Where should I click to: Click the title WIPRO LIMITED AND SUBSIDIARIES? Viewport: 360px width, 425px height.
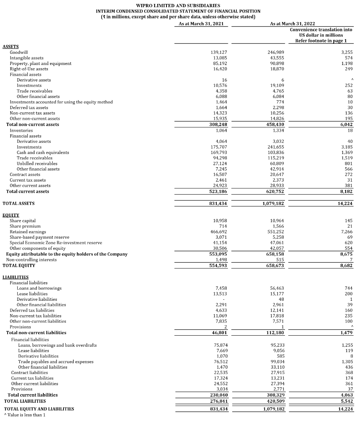click(178, 5)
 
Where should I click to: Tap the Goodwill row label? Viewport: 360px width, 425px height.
click(19, 52)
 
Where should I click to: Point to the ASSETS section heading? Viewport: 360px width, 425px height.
click(10, 47)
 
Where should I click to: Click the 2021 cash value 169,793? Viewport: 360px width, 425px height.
click(219, 153)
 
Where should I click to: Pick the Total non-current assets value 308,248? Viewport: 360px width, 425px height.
click(218, 125)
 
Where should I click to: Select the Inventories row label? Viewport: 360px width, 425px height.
click(21, 130)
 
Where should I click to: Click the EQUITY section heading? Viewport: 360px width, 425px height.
click(11, 215)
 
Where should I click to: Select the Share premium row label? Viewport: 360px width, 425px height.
click(25, 226)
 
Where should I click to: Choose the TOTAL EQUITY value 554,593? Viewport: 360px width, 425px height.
click(218, 266)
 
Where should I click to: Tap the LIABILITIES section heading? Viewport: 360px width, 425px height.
click(15, 277)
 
